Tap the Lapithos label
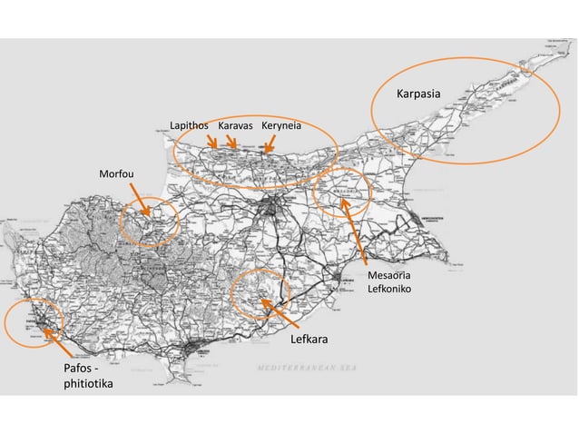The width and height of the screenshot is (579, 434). click(x=189, y=125)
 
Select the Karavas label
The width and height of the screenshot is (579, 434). click(x=235, y=125)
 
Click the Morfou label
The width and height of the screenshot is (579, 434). click(x=116, y=173)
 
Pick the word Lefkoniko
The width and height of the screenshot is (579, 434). click(x=389, y=290)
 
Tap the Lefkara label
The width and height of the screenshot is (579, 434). click(x=309, y=340)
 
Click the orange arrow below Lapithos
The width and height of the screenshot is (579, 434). click(x=212, y=142)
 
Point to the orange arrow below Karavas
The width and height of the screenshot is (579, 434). click(x=231, y=142)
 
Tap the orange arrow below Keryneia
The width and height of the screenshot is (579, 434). click(x=270, y=143)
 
